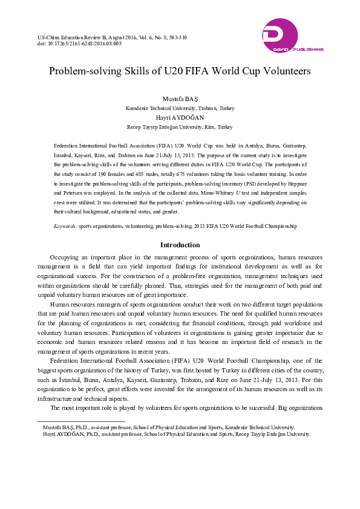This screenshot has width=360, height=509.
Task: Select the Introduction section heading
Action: coord(180,245)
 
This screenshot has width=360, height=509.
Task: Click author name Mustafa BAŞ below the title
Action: coord(180,98)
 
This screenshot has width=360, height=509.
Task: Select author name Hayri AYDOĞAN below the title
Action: coord(180,118)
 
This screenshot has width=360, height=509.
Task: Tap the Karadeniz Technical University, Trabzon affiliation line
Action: coord(180,108)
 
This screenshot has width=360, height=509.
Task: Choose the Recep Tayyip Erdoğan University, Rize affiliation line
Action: coord(180,128)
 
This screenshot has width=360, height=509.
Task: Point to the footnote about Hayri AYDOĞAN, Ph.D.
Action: coord(176,434)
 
